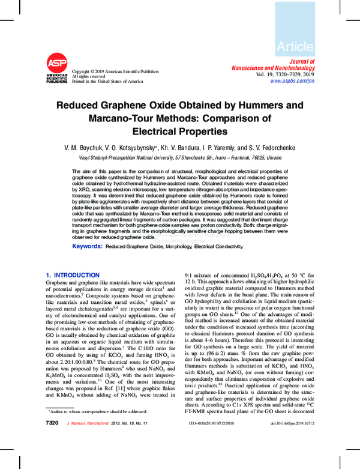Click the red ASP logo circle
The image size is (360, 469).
(56, 63)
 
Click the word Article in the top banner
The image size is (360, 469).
(295, 46)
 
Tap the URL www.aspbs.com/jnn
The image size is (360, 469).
(292, 80)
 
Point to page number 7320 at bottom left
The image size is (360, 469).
(52, 440)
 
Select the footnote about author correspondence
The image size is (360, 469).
(98, 428)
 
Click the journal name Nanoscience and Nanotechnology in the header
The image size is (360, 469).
(272, 68)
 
